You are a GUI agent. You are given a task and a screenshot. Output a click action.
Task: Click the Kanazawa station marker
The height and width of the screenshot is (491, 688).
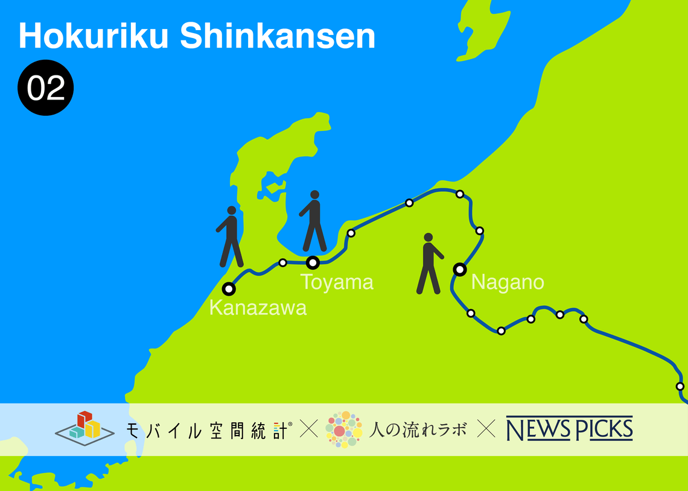pyautogui.click(x=229, y=288)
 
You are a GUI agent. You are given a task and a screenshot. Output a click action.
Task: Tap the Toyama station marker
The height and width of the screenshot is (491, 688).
pyautogui.click(x=313, y=262)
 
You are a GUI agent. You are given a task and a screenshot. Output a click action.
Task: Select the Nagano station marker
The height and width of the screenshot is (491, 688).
pyautogui.click(x=460, y=269)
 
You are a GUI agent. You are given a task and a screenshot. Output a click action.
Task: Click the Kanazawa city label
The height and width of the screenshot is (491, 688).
pyautogui.click(x=258, y=308)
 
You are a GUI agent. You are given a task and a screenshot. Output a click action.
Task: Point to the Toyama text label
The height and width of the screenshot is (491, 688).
pyautogui.click(x=337, y=282)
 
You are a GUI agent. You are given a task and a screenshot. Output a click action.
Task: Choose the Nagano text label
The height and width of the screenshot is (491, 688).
pyautogui.click(x=508, y=282)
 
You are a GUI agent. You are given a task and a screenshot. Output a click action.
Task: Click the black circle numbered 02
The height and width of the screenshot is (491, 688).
pyautogui.click(x=46, y=88)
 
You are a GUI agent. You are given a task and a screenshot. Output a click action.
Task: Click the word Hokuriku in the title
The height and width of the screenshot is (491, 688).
pyautogui.click(x=94, y=37)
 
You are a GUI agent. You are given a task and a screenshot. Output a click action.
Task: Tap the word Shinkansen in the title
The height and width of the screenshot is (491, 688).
pyautogui.click(x=278, y=37)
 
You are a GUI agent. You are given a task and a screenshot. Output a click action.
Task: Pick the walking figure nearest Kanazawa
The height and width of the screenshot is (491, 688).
pyautogui.click(x=230, y=236)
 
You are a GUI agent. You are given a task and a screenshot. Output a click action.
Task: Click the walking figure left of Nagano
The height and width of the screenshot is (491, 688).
pyautogui.click(x=429, y=264)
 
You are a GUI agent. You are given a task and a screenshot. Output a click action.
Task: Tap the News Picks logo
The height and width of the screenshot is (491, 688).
pyautogui.click(x=569, y=429)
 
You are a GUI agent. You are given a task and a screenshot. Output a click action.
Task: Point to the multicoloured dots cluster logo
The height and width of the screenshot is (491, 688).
pyautogui.click(x=343, y=429)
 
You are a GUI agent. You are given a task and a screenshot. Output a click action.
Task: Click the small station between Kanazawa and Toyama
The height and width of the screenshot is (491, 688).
pyautogui.click(x=282, y=262)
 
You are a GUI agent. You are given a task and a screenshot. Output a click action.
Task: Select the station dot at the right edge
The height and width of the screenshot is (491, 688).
pyautogui.click(x=680, y=386)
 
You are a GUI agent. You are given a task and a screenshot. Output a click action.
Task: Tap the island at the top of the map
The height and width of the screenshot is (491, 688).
pyautogui.click(x=483, y=30)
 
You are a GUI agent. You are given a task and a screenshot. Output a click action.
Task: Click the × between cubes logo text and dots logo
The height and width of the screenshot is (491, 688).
pyautogui.click(x=308, y=429)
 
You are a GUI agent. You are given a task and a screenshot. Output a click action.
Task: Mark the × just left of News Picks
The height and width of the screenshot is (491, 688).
pyautogui.click(x=486, y=429)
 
